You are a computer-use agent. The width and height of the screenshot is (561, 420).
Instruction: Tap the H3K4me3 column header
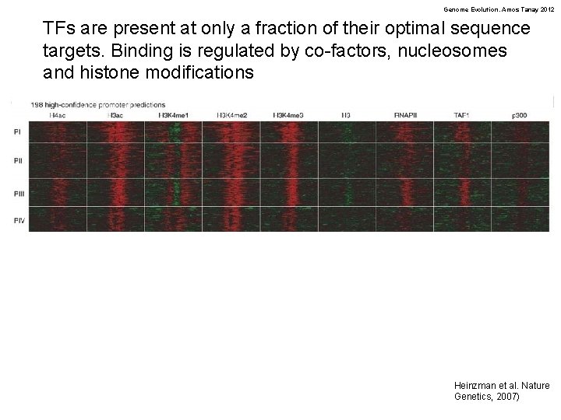(288, 115)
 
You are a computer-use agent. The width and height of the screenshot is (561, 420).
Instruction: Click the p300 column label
(520, 115)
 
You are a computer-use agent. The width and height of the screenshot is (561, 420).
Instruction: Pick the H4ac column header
(57, 115)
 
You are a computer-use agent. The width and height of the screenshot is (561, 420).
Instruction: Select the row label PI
(17, 131)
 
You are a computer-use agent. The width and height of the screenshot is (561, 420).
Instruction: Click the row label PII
(17, 161)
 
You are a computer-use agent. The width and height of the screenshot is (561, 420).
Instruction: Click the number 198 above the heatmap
(37, 105)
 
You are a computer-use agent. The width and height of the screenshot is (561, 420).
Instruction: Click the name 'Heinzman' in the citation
(475, 385)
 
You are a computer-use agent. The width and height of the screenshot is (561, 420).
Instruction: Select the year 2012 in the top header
(545, 9)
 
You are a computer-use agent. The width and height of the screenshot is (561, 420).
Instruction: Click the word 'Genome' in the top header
(457, 9)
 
